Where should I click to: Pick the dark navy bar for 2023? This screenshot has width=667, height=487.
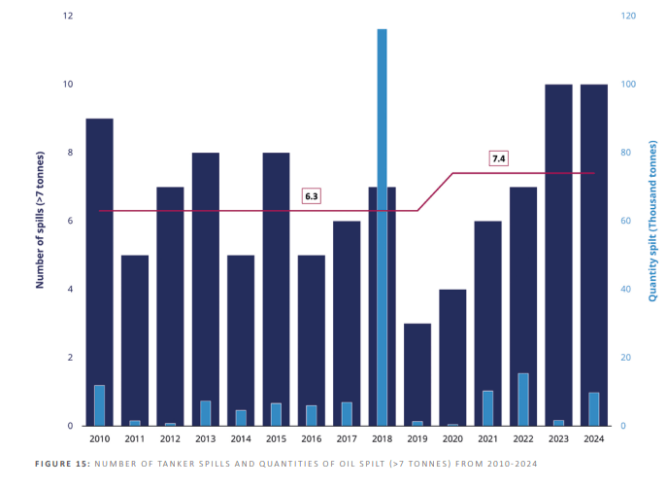pos(558,253)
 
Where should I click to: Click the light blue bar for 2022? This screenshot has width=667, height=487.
pos(522,400)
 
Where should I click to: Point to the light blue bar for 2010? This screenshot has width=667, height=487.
pos(99,405)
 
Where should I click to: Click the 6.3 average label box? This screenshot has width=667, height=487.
pos(312,196)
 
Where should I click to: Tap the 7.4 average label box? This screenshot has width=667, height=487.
pos(499,158)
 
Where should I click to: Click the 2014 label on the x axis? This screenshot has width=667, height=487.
pos(241,439)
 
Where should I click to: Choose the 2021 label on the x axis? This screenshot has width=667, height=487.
pos(487,439)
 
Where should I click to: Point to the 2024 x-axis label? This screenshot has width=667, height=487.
pos(593,439)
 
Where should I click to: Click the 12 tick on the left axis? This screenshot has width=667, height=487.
pos(67,17)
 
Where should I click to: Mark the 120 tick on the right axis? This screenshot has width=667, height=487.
pos(630,17)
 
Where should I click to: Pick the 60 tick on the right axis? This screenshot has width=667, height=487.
pos(628,221)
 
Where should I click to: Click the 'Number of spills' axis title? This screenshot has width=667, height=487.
pos(41,220)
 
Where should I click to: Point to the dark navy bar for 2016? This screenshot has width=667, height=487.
pos(311,340)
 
